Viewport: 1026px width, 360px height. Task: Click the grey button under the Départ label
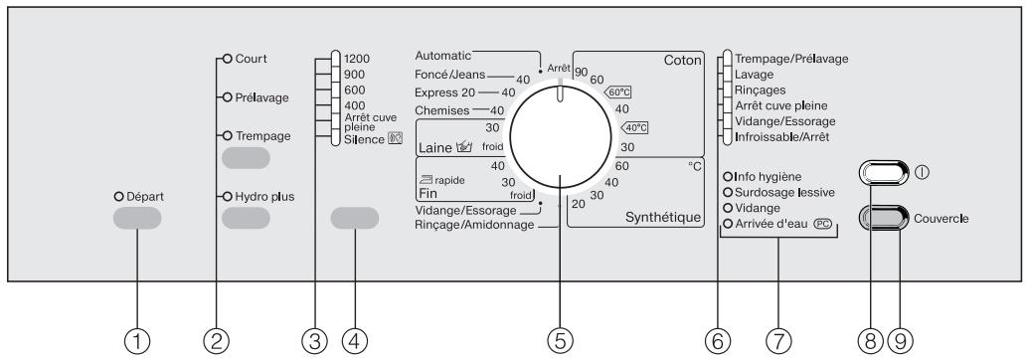137,218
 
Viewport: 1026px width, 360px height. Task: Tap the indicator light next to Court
228,59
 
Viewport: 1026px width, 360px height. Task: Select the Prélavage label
262,97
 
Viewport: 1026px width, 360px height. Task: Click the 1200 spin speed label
357,59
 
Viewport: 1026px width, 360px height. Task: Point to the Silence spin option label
365,139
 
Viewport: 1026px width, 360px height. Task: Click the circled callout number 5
560,340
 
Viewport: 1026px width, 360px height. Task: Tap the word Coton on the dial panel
682,61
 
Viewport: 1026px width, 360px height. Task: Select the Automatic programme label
443,56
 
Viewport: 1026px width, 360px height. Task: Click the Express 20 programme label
445,92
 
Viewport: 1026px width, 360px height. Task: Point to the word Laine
435,148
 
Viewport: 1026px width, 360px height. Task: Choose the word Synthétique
663,218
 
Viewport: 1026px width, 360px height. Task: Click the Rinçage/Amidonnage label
474,225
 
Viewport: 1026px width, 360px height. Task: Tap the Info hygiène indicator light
727,177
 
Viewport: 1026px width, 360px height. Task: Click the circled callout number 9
901,340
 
